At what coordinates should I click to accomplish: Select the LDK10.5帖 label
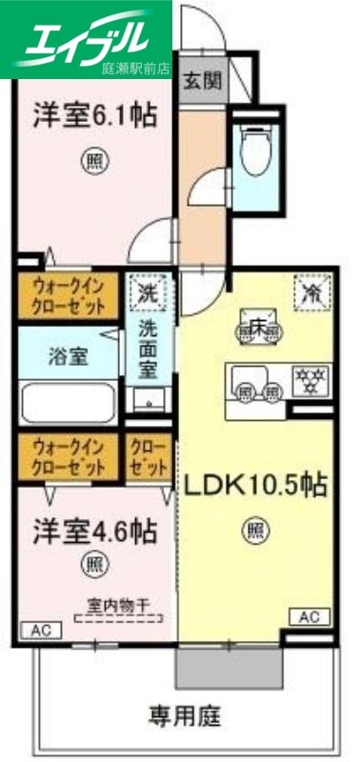tap(255, 486)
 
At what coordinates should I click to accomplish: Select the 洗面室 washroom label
tap(149, 351)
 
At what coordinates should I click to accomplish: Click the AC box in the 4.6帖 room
tap(40, 630)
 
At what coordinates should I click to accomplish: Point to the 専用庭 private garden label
tap(187, 713)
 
